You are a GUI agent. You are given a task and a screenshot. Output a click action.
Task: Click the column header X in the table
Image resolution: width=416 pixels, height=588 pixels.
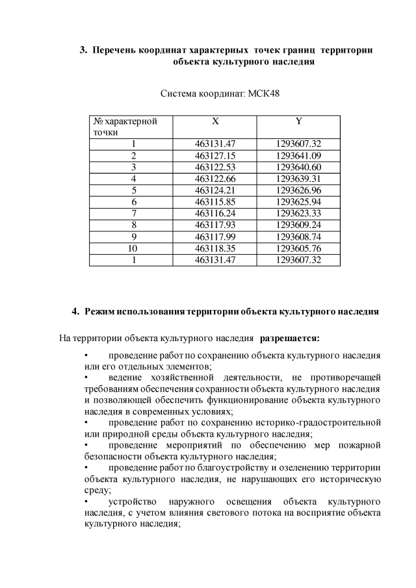(x=214, y=121)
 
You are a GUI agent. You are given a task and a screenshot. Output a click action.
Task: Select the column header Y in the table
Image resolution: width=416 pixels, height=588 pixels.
(x=298, y=121)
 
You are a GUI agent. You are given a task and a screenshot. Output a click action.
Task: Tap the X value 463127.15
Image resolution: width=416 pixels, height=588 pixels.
(x=214, y=155)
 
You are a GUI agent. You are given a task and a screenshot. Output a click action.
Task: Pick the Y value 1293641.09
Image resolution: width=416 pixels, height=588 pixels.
(x=298, y=155)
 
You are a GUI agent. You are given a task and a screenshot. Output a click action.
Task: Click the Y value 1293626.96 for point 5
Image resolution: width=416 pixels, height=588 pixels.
(x=298, y=190)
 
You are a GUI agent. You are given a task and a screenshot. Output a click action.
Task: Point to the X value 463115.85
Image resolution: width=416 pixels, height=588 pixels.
(x=214, y=202)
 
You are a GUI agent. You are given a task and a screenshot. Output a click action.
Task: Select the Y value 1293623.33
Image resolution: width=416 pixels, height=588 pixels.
(x=298, y=213)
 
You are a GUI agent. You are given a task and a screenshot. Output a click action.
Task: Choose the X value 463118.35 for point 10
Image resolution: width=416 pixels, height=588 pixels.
(x=214, y=248)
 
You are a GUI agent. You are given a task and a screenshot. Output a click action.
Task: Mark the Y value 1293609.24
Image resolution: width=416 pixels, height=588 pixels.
(x=298, y=225)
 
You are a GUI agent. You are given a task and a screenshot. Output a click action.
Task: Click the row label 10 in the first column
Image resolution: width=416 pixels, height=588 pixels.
(x=133, y=248)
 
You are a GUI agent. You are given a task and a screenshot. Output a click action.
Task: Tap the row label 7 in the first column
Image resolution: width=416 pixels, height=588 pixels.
(x=133, y=213)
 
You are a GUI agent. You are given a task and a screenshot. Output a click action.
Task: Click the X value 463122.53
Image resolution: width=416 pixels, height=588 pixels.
(x=214, y=167)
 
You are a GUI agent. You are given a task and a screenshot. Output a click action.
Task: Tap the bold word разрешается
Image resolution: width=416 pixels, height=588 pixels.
(x=289, y=338)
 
